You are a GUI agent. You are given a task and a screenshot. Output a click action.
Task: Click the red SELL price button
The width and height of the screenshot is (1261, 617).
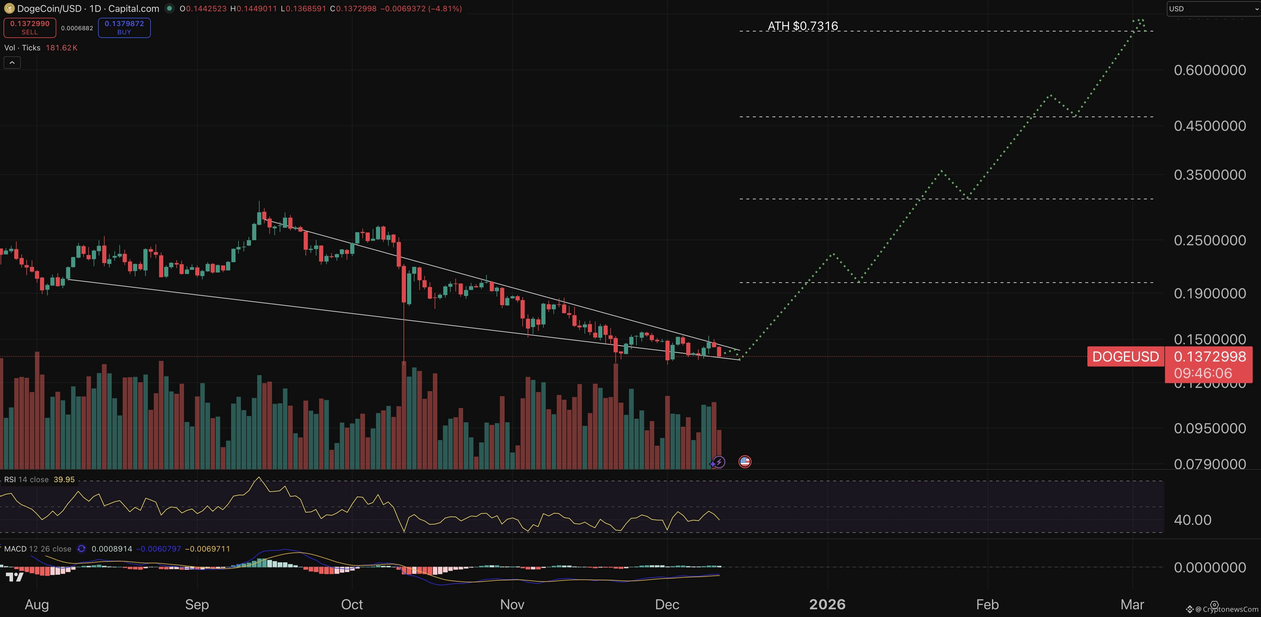(x=29, y=28)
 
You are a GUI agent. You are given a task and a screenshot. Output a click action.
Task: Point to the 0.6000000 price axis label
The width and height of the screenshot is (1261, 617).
(x=1210, y=70)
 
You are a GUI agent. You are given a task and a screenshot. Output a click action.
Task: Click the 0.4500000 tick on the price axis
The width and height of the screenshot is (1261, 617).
(x=1210, y=126)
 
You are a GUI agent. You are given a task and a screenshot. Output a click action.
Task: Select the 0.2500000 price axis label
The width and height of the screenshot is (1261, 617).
(x=1210, y=240)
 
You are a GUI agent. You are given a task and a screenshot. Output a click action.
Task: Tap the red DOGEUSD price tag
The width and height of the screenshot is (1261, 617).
(x=1125, y=357)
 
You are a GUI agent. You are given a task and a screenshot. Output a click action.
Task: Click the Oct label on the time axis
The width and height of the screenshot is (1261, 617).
(x=352, y=604)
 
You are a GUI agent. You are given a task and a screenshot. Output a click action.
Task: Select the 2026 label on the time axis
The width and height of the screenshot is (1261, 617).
(x=827, y=604)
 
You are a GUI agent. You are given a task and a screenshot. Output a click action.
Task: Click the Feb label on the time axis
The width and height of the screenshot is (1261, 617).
(x=987, y=604)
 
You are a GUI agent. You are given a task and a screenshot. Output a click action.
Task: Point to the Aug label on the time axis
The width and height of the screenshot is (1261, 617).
(x=37, y=604)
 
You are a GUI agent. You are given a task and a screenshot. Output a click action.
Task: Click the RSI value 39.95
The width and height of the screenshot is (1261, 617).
(x=64, y=479)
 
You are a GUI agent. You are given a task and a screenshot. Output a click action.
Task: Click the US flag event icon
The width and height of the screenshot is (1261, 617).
(x=745, y=461)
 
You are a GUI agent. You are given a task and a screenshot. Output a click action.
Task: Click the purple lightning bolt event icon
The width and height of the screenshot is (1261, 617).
(x=718, y=461)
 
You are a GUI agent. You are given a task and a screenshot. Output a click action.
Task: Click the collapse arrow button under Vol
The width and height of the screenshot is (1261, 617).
(x=12, y=63)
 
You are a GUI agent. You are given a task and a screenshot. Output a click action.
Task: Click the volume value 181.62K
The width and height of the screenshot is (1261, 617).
(x=62, y=47)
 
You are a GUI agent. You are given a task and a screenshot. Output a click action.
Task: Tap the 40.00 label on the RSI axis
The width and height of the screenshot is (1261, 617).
(x=1193, y=520)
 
